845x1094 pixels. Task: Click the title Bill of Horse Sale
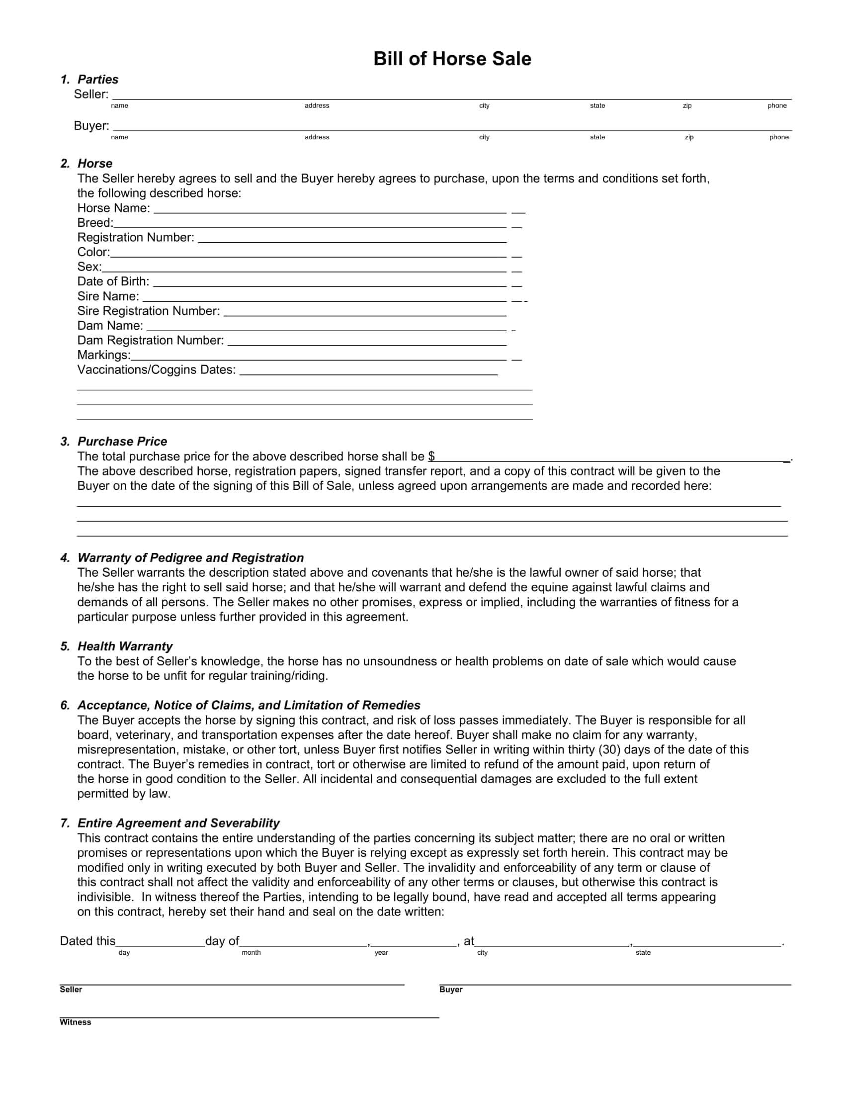point(451,59)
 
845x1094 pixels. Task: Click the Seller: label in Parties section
point(90,94)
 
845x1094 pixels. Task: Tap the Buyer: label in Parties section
point(91,126)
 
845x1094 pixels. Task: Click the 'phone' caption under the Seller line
point(777,106)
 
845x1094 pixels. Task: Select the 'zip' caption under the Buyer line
point(689,137)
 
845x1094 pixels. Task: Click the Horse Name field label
point(113,208)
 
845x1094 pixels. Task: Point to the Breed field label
point(95,223)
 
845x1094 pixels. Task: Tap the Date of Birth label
point(113,281)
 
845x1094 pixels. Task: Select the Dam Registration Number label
point(150,341)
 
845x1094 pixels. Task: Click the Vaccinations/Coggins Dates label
point(156,369)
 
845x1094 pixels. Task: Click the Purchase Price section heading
point(122,441)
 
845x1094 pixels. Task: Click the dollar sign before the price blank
point(431,456)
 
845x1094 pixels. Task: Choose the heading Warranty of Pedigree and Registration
point(190,557)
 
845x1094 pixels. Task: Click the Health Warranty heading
point(125,646)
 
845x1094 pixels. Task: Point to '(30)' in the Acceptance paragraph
point(609,749)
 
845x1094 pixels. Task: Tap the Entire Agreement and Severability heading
point(178,823)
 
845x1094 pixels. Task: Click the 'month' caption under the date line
point(251,952)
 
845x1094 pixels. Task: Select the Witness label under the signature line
point(75,1022)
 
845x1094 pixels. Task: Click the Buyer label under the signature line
point(450,989)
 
